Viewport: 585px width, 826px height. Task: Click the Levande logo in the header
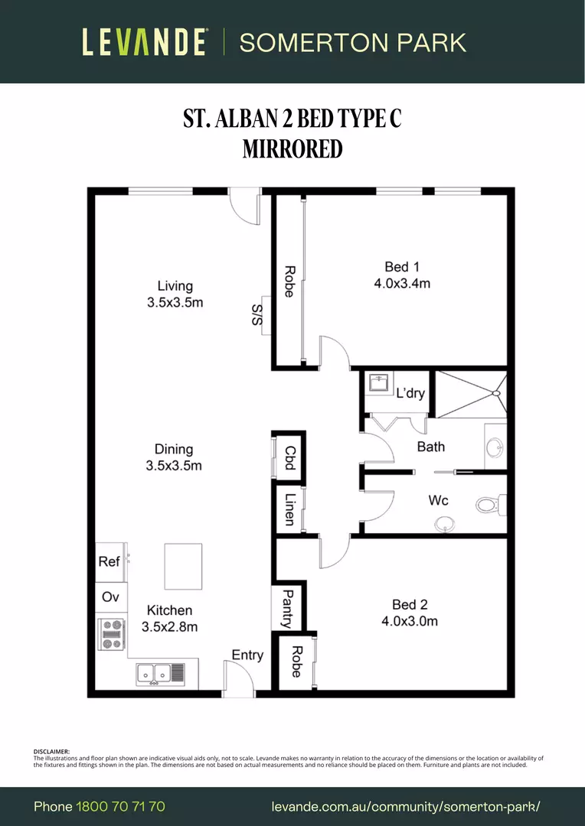pos(145,42)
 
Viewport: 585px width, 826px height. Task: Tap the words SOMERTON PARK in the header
pos(353,42)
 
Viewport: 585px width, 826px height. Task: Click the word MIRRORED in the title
pos(292,148)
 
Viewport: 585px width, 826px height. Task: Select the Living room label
pos(175,286)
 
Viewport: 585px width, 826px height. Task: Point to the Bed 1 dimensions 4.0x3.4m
pos(402,283)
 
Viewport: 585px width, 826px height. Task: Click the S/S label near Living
pos(258,314)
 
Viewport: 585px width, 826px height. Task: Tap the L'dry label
pos(410,394)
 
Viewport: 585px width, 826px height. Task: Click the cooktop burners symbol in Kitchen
pos(112,634)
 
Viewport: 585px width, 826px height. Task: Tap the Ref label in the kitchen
pos(109,561)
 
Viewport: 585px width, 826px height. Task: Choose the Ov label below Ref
pos(109,597)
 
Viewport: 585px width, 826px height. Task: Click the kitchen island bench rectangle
pos(183,566)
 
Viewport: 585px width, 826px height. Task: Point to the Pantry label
pos(289,608)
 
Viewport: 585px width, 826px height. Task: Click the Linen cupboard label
pos(289,509)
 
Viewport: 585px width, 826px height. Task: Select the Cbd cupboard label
pos(289,460)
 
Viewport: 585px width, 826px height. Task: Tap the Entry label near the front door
pos(247,655)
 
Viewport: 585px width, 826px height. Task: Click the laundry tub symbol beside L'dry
pos(378,382)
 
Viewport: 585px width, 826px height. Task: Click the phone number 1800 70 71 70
pos(120,807)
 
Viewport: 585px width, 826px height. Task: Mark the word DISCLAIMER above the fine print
pos(51,752)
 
